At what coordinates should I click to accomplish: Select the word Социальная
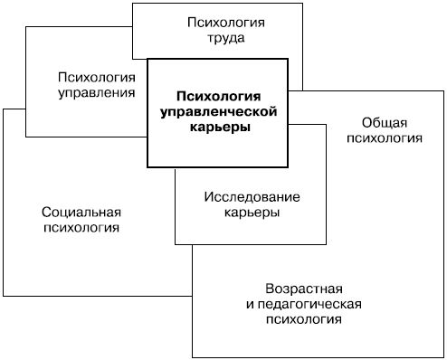click(81, 213)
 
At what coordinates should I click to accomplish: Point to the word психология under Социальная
click(81, 229)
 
